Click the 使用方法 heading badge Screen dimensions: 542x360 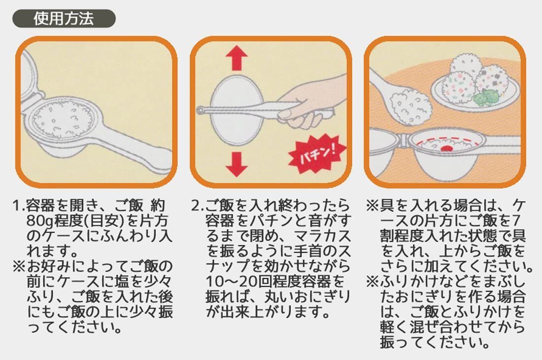click(x=64, y=19)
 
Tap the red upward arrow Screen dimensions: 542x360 click(x=237, y=58)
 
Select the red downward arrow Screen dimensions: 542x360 click(x=237, y=164)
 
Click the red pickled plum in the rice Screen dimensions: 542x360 click(x=447, y=149)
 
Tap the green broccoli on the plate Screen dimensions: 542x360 click(x=485, y=98)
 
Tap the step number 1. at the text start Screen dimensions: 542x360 click(x=19, y=206)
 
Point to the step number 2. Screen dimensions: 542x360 click(x=198, y=206)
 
